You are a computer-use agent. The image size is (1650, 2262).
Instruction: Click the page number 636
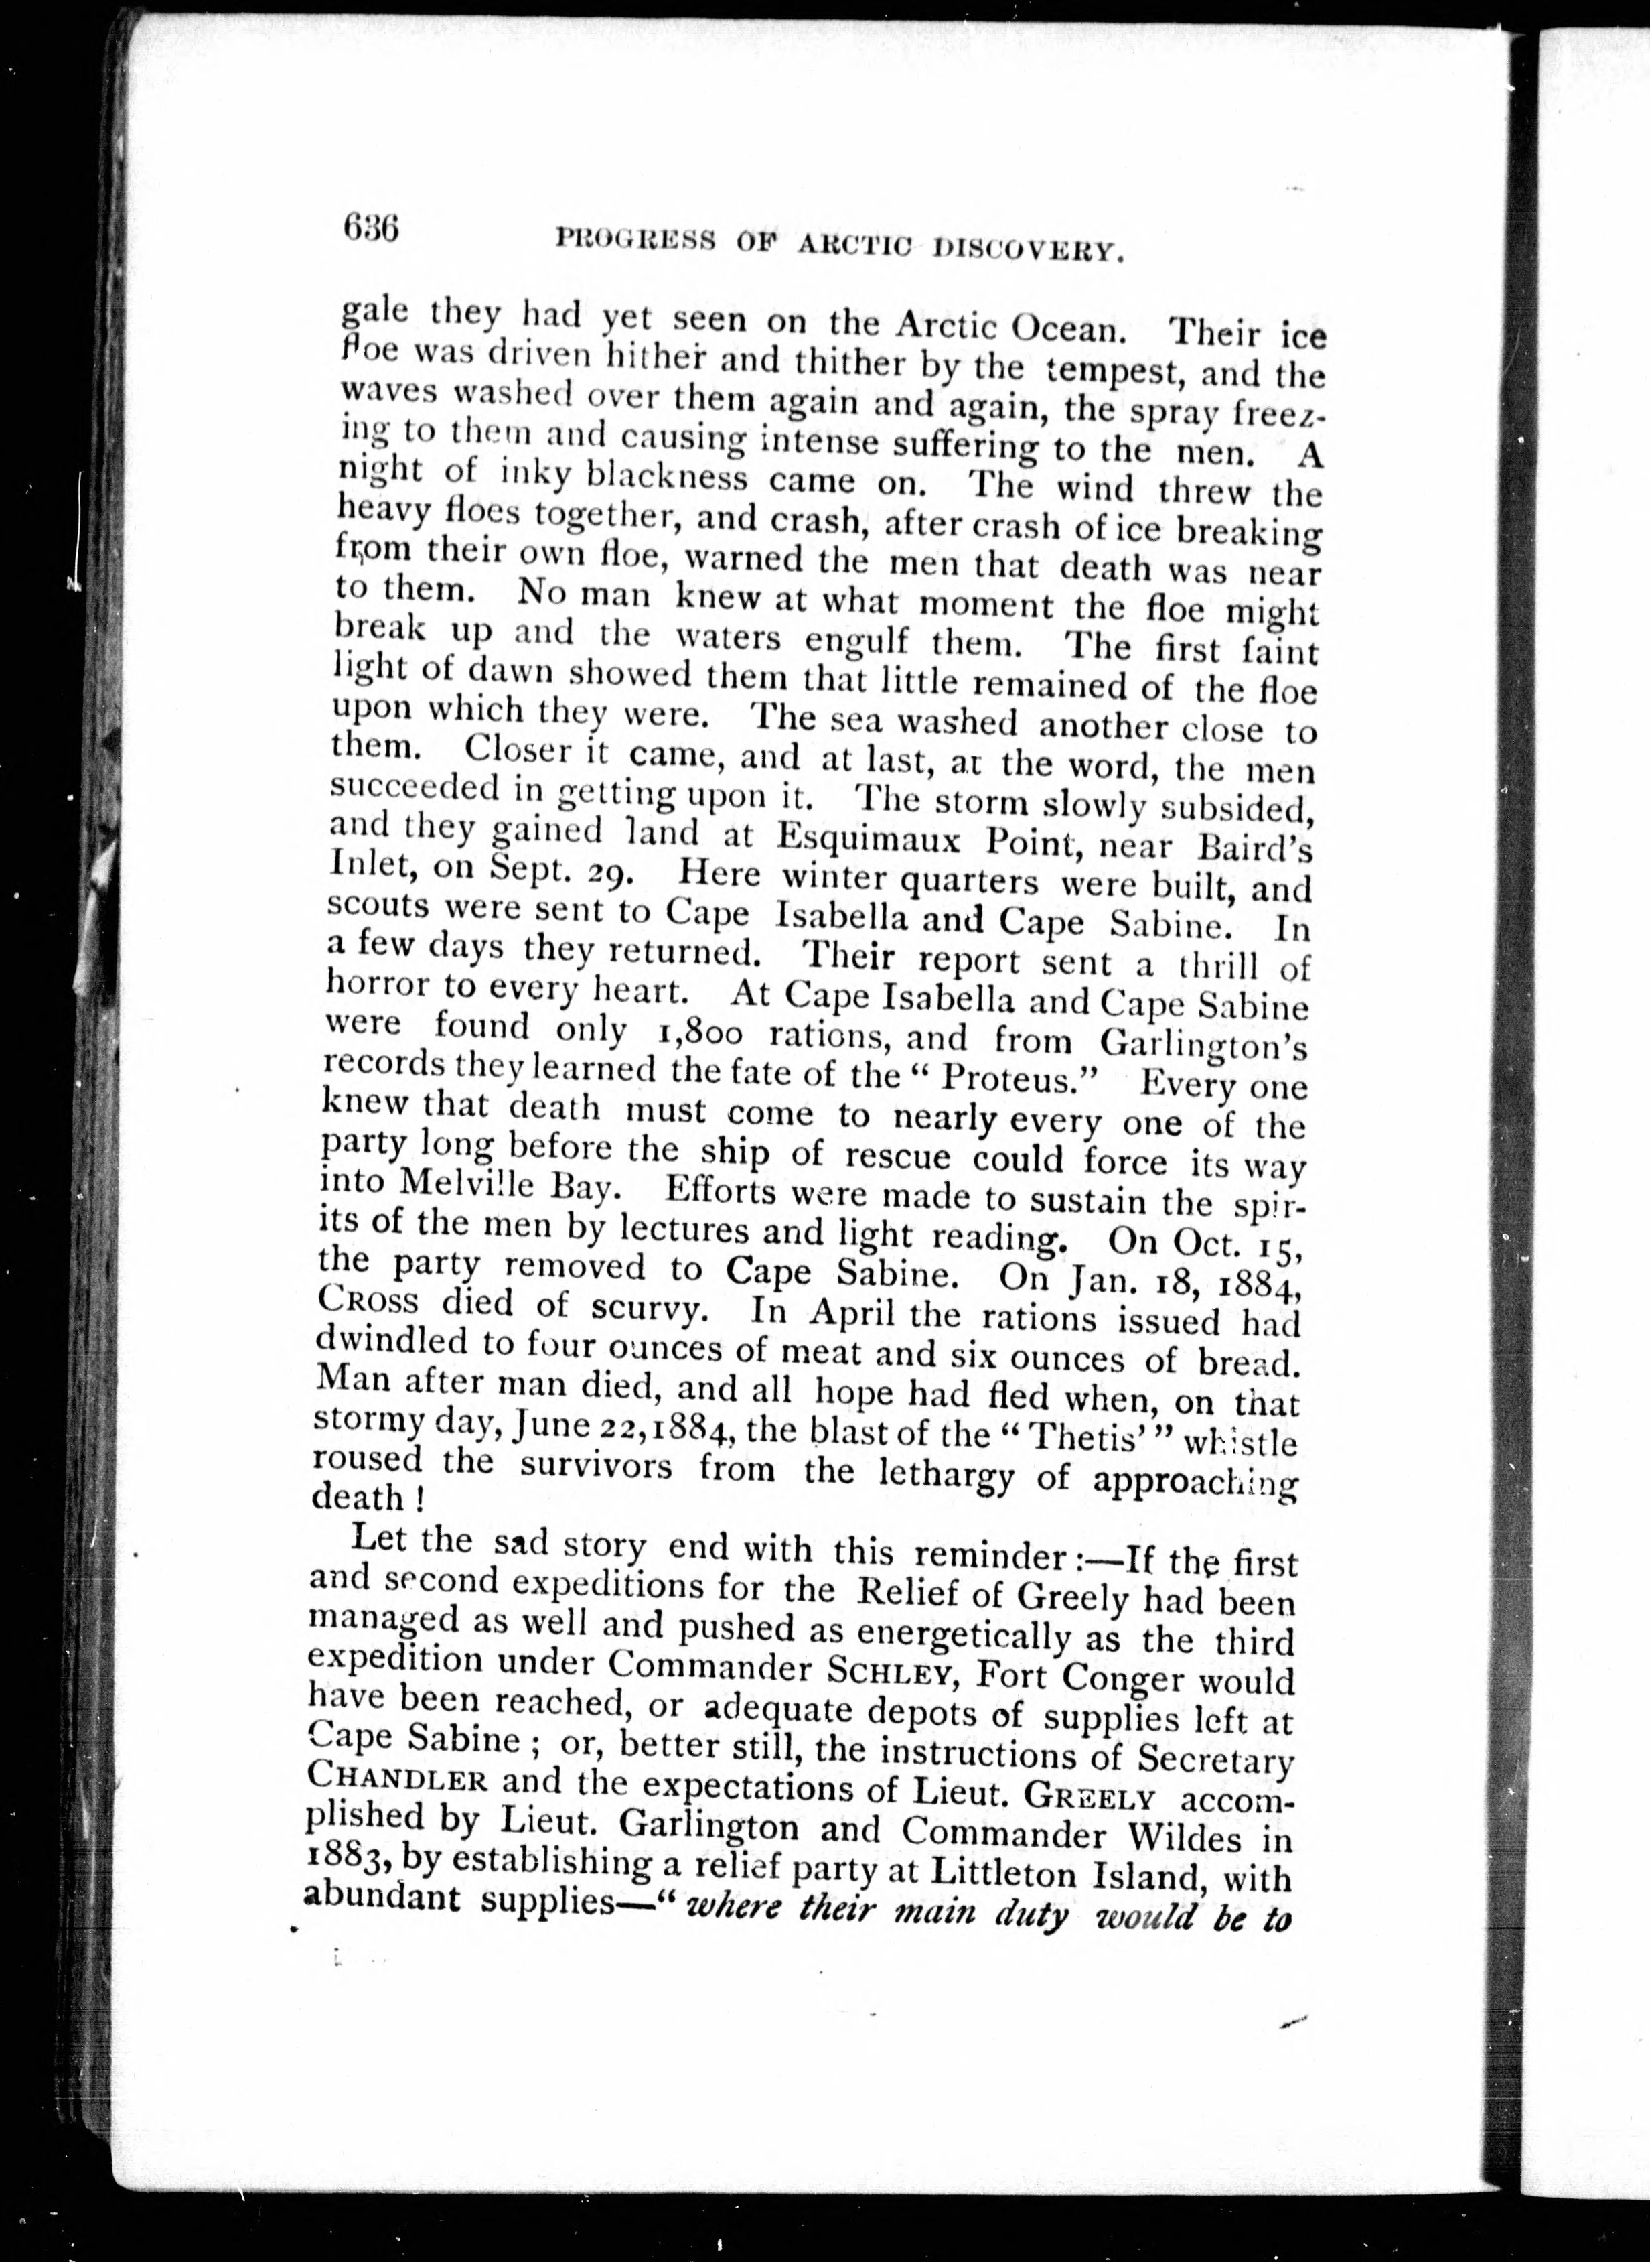(370, 232)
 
